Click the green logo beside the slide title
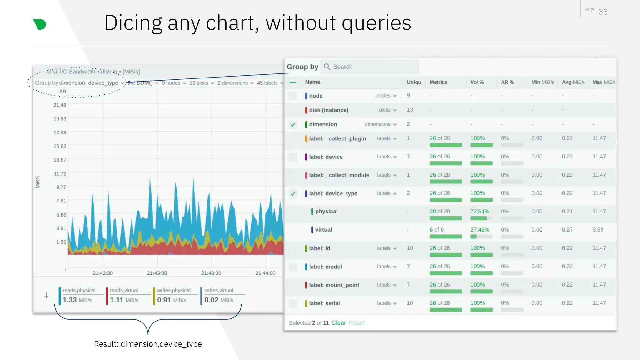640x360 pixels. (x=40, y=24)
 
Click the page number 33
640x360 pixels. (x=603, y=12)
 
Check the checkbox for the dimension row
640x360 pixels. (x=293, y=124)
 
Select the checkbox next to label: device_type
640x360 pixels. (x=293, y=194)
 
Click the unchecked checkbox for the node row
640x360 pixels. (x=293, y=96)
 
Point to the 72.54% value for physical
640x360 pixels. (x=480, y=212)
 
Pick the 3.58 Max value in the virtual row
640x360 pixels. (x=597, y=230)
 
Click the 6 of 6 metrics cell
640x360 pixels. (x=436, y=230)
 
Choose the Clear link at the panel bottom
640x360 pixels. (x=338, y=323)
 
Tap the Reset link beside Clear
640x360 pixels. (x=357, y=323)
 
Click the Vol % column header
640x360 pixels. (x=477, y=82)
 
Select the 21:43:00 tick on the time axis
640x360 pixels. (x=157, y=273)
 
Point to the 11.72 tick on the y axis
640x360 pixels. (x=60, y=174)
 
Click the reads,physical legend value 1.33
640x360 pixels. (x=70, y=300)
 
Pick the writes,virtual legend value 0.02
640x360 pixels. (x=211, y=300)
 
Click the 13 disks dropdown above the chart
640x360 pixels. (x=201, y=83)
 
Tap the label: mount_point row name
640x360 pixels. (x=334, y=285)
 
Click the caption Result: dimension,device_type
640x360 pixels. (x=148, y=344)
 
